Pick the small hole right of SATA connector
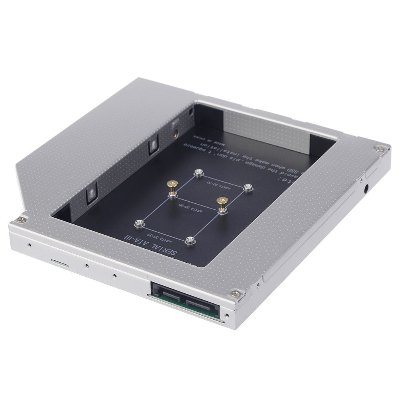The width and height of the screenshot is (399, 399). point(227,316)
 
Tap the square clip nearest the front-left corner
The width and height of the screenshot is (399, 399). point(91,195)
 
